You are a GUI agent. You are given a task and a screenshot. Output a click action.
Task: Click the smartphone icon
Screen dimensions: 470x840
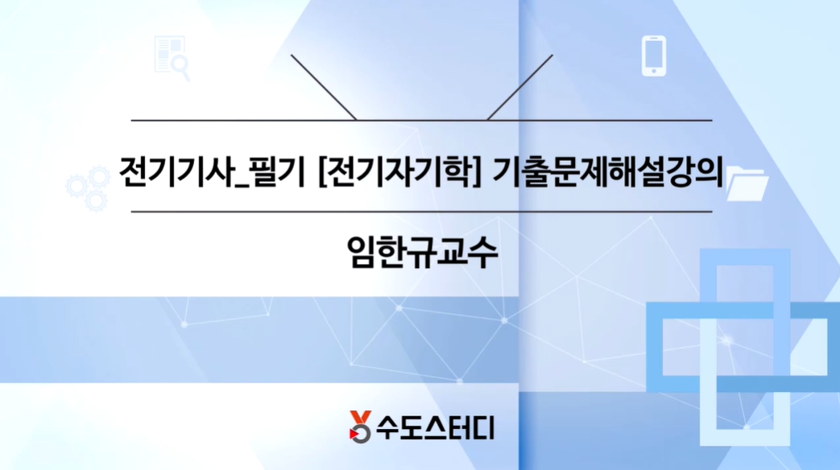click(x=654, y=56)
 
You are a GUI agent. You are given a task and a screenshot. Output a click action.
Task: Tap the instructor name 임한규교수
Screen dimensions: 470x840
click(x=420, y=251)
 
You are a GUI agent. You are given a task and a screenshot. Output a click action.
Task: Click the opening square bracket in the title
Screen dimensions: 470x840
click(x=324, y=171)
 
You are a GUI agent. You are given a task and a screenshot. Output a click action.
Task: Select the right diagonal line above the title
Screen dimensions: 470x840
click(x=520, y=87)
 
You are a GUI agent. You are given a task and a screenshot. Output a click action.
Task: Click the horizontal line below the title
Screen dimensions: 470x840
click(x=421, y=212)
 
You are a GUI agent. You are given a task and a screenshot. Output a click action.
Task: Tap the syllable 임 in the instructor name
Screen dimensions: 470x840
click(x=359, y=251)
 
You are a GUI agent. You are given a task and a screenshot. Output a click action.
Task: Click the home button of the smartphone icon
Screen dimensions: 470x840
click(x=654, y=72)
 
